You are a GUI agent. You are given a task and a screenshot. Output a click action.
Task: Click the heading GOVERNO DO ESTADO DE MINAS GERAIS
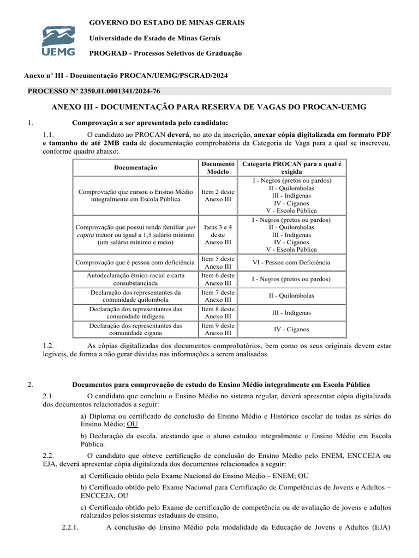(x=166, y=22)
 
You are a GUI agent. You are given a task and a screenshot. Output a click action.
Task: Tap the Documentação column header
(x=135, y=168)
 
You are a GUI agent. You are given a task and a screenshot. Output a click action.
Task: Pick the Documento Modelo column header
(x=218, y=167)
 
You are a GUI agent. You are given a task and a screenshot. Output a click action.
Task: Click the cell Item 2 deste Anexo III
(x=218, y=196)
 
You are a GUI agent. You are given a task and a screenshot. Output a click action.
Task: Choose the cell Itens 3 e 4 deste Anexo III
(x=218, y=234)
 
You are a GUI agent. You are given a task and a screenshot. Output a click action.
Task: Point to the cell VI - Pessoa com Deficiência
(x=291, y=263)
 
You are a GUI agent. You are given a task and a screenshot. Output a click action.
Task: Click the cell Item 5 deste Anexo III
(x=218, y=263)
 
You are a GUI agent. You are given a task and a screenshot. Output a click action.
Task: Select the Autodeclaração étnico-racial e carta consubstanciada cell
(x=135, y=280)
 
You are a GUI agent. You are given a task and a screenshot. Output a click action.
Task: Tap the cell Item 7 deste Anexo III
(x=218, y=296)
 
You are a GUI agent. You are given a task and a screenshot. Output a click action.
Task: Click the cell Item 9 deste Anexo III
(x=218, y=329)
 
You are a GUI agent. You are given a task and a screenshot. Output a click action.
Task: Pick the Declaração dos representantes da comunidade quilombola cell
(x=135, y=296)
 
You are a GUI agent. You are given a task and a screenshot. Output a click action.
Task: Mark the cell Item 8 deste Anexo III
(x=218, y=313)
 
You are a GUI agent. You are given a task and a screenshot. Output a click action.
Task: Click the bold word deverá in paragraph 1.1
(x=178, y=134)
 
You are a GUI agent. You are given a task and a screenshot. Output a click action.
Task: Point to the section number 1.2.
(x=48, y=346)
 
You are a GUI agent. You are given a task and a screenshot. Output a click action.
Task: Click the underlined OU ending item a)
(x=133, y=424)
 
